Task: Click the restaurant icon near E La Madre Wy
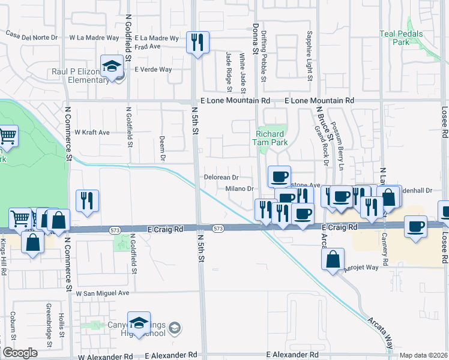point(197,42)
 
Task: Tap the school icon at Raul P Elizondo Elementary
point(112,66)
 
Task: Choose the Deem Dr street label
point(163,147)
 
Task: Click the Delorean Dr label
point(221,178)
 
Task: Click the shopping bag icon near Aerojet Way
point(333,259)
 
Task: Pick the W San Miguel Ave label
point(102,293)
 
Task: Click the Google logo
point(20,353)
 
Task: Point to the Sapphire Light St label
point(310,56)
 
